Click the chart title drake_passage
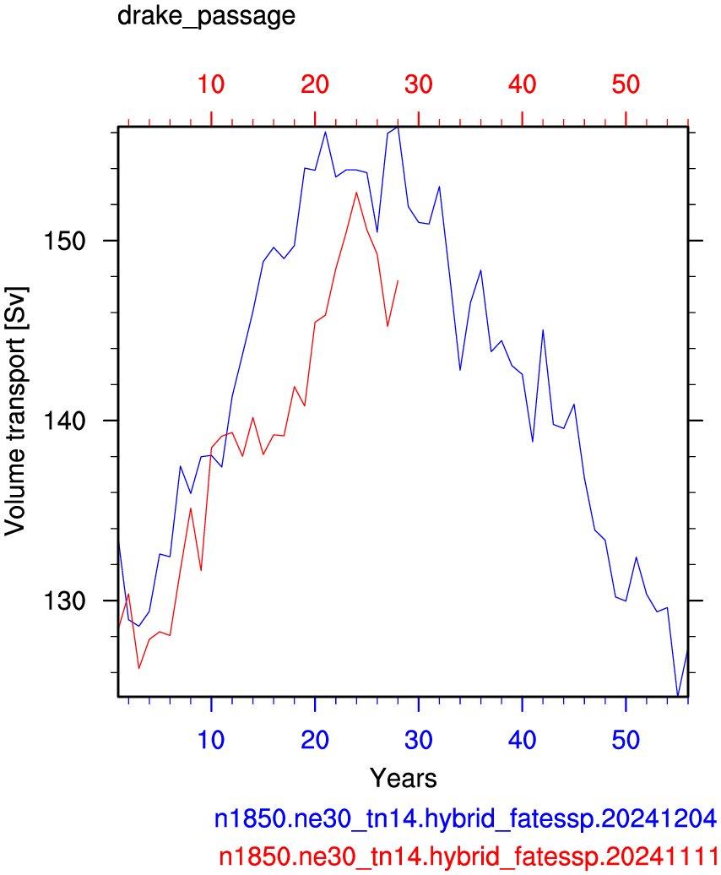click(206, 16)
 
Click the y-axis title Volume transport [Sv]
click(15, 411)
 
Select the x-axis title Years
click(404, 778)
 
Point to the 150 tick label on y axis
click(64, 241)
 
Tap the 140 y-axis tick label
click(64, 421)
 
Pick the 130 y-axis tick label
click(64, 601)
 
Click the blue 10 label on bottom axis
click(211, 740)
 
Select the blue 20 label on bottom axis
click(315, 740)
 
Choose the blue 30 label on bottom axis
click(419, 740)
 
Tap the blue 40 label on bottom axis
click(523, 740)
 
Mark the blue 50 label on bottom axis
click(626, 740)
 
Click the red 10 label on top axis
click(211, 84)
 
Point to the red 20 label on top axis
click(315, 84)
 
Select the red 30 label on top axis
click(419, 84)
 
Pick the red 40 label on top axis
click(523, 84)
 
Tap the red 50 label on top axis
click(626, 84)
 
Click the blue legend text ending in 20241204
click(466, 818)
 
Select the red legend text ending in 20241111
click(469, 856)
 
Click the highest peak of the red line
click(356, 193)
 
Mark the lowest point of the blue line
click(677, 696)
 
